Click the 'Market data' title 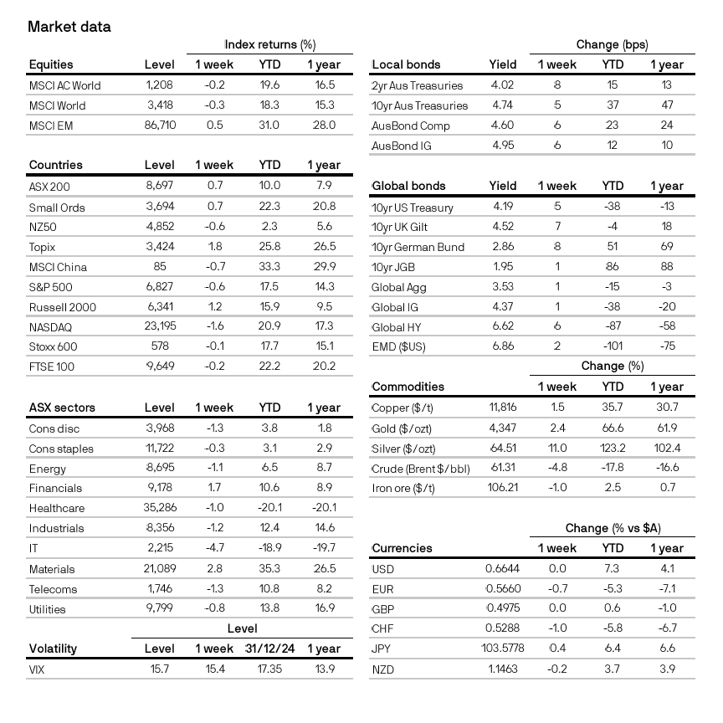69,26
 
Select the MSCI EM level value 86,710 159,126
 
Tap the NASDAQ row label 53,327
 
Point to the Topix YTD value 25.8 269,247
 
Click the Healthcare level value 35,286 159,508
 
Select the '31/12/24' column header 269,649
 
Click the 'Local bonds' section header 406,64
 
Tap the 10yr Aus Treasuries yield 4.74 503,105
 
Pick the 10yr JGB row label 396,268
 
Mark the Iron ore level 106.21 504,488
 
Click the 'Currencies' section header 402,548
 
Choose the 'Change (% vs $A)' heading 618,528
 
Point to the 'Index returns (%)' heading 269,44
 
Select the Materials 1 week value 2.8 214,569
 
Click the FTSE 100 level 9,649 159,366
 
